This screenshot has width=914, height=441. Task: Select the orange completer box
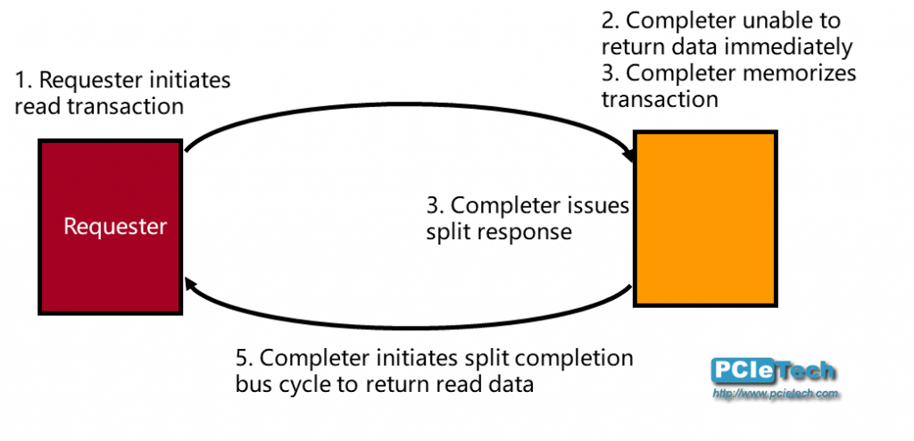click(705, 219)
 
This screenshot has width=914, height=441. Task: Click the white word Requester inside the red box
click(115, 227)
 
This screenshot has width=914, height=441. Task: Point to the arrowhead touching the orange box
click(631, 156)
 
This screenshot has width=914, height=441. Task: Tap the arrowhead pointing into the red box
click(189, 285)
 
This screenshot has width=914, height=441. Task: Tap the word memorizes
click(805, 72)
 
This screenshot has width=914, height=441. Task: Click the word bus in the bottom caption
click(252, 385)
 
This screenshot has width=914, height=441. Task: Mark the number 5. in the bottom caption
click(245, 359)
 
